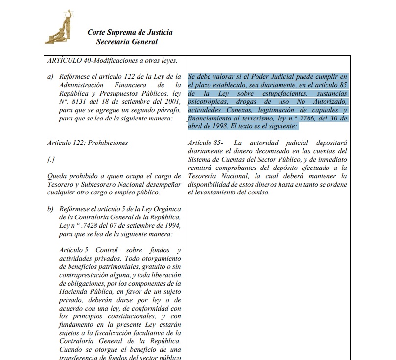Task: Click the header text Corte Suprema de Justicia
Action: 130,32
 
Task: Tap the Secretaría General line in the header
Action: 127,42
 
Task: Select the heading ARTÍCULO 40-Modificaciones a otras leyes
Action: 112,61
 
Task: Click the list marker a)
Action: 50,77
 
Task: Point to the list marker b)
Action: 50,209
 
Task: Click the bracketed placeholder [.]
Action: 51,160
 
